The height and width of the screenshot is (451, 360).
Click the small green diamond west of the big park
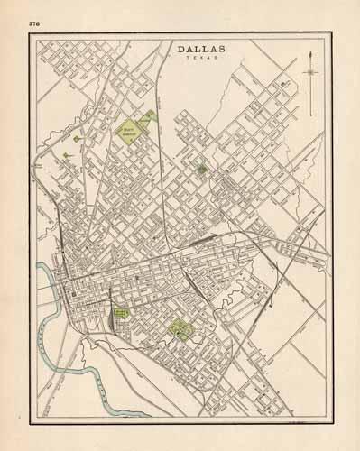77,139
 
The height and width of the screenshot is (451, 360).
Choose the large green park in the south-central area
180,330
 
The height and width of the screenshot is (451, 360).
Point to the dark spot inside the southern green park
180,333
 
